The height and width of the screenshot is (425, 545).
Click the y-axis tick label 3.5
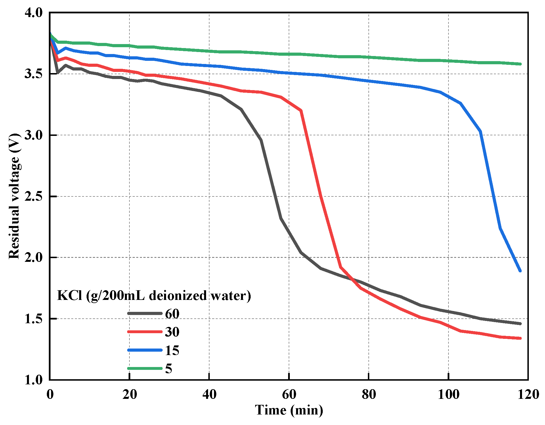click(33, 74)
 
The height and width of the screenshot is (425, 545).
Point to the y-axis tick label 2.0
click(33, 257)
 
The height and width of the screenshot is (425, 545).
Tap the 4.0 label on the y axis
click(33, 13)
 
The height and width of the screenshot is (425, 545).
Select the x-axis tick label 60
click(289, 394)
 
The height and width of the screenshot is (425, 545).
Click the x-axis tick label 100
click(448, 394)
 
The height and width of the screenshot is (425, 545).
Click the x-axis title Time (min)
click(289, 410)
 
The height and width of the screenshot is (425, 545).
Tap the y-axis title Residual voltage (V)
click(14, 196)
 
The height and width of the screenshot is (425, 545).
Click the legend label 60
click(172, 314)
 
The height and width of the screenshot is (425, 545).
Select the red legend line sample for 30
click(145, 332)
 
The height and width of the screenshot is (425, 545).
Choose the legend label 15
click(172, 350)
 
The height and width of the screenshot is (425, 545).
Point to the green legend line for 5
click(145, 368)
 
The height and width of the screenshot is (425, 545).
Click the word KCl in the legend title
click(69, 296)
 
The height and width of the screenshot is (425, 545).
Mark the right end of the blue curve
click(520, 271)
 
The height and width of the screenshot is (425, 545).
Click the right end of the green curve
click(520, 64)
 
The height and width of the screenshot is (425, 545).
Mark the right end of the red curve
click(520, 338)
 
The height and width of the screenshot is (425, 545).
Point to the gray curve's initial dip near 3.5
click(58, 73)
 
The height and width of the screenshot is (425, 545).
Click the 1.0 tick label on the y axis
click(33, 380)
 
